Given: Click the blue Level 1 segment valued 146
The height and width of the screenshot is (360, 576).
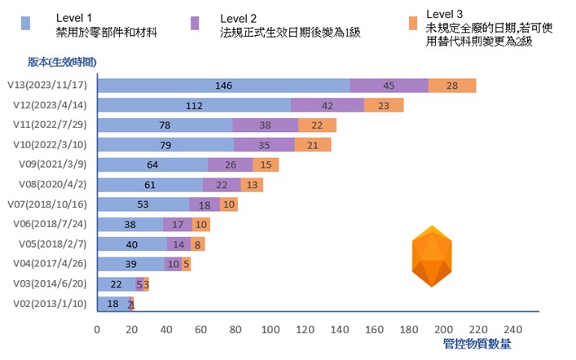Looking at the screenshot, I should click(223, 86).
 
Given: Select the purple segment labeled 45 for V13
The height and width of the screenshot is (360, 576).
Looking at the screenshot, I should click(389, 86).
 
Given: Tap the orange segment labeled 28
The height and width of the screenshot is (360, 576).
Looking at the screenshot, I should click(452, 86).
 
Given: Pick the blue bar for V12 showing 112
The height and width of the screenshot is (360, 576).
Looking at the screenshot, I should click(194, 105).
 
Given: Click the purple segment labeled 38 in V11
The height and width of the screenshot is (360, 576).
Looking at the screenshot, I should click(265, 125).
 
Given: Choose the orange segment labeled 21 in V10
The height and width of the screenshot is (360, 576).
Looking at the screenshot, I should click(313, 145).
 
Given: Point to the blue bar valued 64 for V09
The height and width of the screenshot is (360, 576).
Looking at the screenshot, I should click(152, 165).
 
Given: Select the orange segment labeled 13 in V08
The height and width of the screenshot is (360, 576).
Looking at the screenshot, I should click(252, 185).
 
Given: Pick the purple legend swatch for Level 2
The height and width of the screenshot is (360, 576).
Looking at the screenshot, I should click(196, 24).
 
